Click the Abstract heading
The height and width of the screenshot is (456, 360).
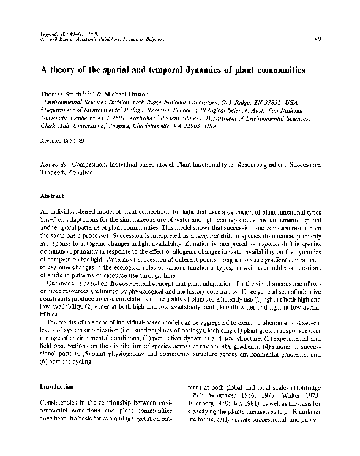[x=53, y=196]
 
